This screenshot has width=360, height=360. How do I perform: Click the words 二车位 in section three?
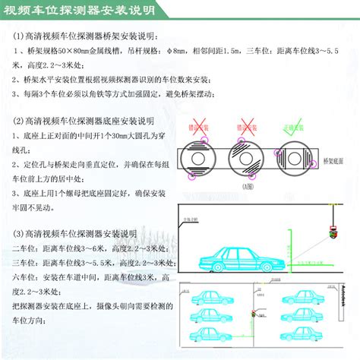[27, 248]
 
